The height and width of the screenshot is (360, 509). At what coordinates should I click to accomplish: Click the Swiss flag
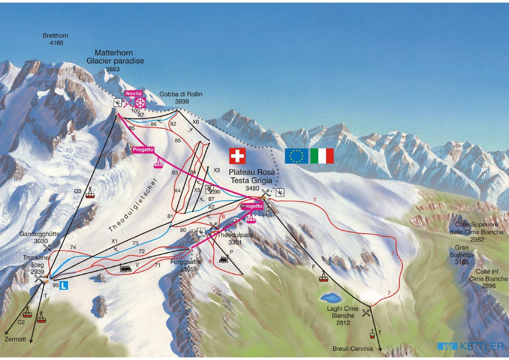[x=237, y=156]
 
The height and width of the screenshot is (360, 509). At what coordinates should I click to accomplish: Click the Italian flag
[x=322, y=156]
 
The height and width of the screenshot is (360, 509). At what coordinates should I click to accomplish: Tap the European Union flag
[x=297, y=156]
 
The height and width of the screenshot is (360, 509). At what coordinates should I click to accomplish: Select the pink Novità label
[x=134, y=93]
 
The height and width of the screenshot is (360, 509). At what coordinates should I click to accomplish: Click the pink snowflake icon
[x=140, y=103]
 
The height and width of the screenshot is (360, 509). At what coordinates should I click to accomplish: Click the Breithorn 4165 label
[x=55, y=39]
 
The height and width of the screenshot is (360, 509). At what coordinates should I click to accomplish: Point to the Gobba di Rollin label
[x=181, y=98]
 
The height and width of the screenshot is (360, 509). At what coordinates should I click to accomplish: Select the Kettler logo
[x=470, y=346]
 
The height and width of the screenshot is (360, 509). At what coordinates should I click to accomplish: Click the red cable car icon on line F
[x=323, y=277]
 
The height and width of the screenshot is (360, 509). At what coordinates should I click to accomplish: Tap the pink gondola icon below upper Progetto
[x=158, y=163]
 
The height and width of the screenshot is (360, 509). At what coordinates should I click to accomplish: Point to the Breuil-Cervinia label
[x=353, y=349]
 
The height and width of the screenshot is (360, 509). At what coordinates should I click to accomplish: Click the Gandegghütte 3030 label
[x=39, y=238]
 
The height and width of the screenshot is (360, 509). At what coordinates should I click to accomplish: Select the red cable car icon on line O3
[x=90, y=193]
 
